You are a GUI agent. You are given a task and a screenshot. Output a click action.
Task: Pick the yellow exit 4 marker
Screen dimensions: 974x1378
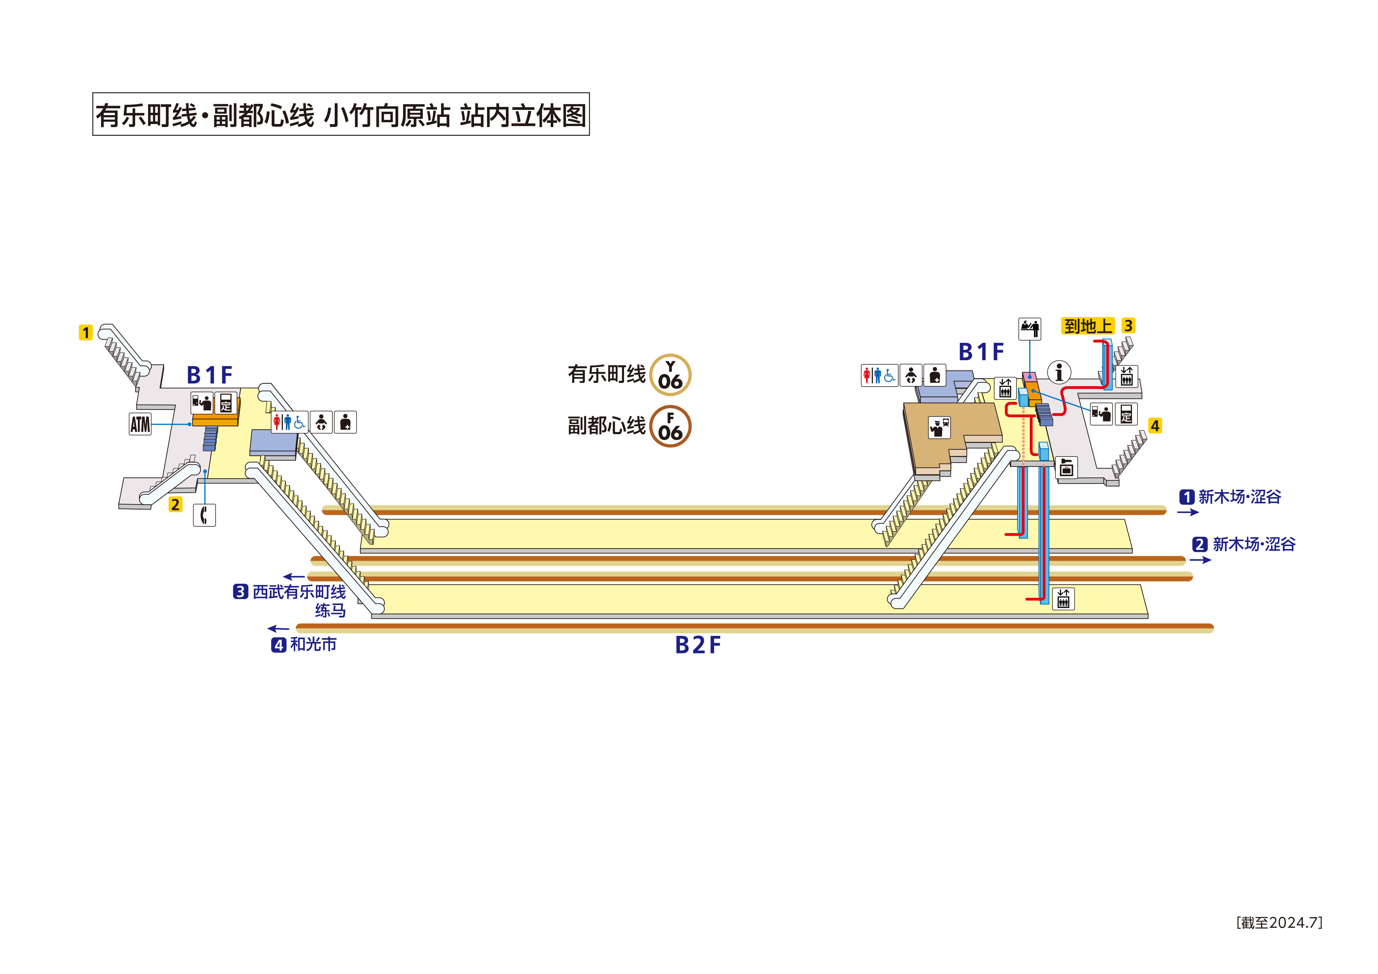coord(1155,426)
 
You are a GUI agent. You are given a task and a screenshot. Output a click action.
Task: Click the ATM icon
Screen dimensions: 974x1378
coord(140,424)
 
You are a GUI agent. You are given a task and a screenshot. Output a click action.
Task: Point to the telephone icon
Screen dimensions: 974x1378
coord(204,515)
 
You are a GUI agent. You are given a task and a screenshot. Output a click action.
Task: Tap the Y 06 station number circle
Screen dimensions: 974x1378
coord(670,375)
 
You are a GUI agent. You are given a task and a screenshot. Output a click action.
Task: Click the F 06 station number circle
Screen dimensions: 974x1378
coord(670,427)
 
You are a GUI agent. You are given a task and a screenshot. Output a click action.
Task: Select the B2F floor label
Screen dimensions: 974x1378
coord(697,645)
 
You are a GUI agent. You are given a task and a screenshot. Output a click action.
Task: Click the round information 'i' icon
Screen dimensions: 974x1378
coord(1059,372)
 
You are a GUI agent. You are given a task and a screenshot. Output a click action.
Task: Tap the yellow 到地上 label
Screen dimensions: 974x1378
coord(1087,326)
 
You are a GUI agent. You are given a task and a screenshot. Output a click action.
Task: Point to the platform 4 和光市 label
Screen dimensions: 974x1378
coord(304,644)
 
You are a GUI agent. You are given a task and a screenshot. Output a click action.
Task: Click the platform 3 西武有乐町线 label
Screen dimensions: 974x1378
coord(290,592)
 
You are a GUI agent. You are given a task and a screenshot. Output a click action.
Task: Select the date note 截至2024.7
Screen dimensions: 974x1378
coord(1279,922)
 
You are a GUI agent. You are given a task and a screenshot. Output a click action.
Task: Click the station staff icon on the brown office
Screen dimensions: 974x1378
coord(939,427)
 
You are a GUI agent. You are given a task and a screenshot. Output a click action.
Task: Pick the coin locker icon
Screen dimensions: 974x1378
coord(1067,467)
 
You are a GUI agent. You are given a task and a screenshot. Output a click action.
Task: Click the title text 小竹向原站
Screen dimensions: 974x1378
coord(387,115)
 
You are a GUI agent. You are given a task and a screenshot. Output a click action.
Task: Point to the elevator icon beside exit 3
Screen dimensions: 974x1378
coord(1126,376)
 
